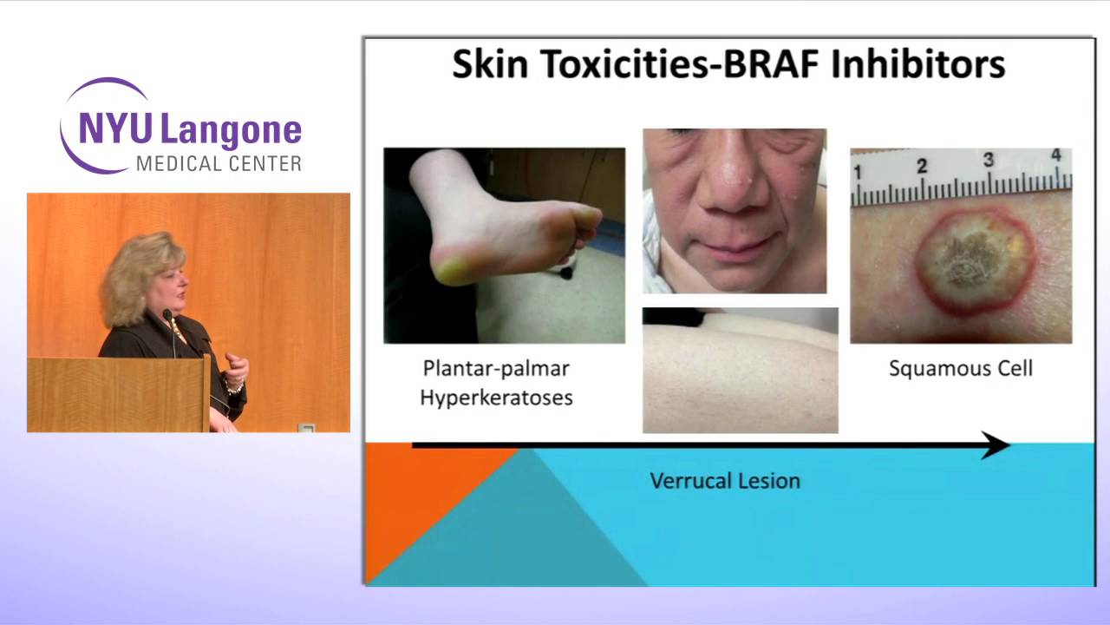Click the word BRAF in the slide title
(770, 64)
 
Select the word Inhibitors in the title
(917, 64)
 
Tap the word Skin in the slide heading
(490, 64)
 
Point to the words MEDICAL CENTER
(219, 164)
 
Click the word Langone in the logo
(231, 130)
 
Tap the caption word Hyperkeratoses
(496, 398)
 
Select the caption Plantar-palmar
(496, 369)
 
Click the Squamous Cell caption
(961, 369)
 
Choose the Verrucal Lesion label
(725, 481)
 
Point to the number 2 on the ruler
(922, 166)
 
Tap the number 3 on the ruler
(989, 160)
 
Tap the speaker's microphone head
(167, 314)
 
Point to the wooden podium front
(117, 394)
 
